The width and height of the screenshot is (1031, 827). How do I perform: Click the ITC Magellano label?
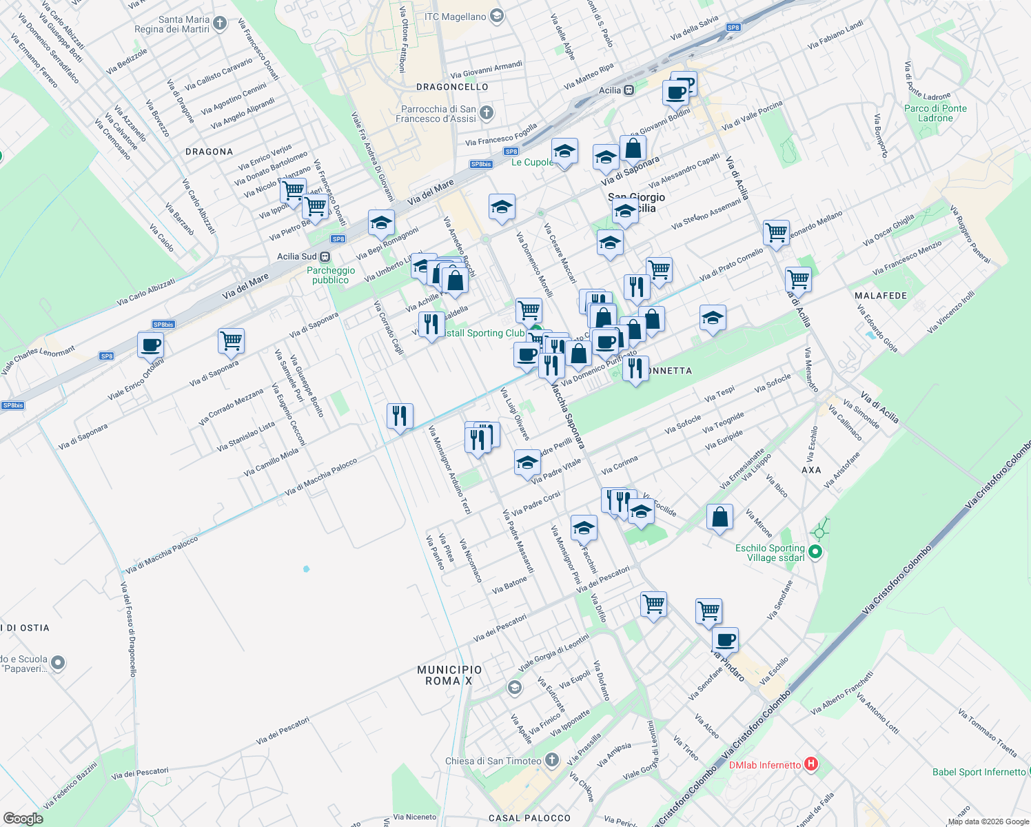click(x=455, y=17)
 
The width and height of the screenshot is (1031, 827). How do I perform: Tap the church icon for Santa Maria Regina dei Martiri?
click(x=220, y=24)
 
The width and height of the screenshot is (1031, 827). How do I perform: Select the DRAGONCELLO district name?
click(x=452, y=87)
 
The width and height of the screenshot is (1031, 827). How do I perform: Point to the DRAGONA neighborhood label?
click(x=209, y=152)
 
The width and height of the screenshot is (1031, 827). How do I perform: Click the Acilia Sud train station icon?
click(x=325, y=256)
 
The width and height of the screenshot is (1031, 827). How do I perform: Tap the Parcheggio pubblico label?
click(x=331, y=275)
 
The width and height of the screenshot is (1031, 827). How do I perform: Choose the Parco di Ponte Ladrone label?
click(x=935, y=113)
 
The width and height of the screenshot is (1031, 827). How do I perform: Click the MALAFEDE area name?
click(x=881, y=296)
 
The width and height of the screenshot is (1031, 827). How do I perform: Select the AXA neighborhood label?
click(x=811, y=470)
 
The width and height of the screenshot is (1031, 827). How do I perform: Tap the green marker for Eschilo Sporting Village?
click(x=815, y=551)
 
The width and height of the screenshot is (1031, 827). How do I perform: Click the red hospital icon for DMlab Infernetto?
click(x=811, y=764)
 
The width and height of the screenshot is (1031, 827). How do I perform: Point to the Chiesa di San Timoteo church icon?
click(x=551, y=760)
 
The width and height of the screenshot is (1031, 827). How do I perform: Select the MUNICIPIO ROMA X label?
click(x=449, y=675)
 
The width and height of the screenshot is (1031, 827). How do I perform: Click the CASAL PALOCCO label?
click(x=529, y=818)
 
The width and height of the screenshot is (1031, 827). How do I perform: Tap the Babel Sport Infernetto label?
click(x=979, y=772)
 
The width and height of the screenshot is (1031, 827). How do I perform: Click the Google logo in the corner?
click(x=23, y=819)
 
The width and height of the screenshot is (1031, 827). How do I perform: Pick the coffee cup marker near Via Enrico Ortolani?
click(x=150, y=345)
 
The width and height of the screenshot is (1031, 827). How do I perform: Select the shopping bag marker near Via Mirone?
click(x=719, y=517)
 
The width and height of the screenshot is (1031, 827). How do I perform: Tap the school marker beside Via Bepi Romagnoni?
click(x=381, y=223)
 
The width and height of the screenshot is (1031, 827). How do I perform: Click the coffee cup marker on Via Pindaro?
click(x=725, y=640)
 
